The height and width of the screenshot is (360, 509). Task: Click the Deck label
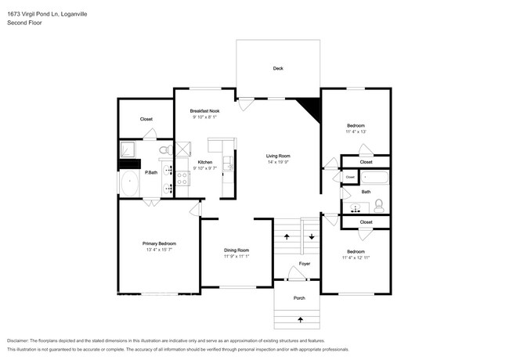(278, 68)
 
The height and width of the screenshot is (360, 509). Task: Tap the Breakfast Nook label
(204, 111)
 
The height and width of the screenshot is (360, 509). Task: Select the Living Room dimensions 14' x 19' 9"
(278, 162)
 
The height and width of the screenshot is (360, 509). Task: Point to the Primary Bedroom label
(159, 243)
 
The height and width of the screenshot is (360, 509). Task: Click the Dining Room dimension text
(236, 256)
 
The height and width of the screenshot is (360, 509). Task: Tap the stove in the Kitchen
(182, 178)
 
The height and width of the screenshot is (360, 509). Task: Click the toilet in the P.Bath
(166, 149)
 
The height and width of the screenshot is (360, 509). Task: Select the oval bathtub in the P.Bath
(129, 183)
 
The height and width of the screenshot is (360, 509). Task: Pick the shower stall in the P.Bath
(127, 149)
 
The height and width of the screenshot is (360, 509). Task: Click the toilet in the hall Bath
(379, 207)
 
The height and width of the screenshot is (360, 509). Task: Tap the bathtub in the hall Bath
(374, 178)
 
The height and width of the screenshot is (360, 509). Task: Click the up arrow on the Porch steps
(300, 320)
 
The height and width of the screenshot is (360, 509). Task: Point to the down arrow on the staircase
(312, 236)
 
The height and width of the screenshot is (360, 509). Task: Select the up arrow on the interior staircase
(287, 236)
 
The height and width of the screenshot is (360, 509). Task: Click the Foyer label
(304, 264)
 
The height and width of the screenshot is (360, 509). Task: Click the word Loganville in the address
(74, 14)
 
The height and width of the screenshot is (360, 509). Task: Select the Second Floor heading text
(24, 23)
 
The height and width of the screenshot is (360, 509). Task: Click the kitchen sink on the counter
(228, 163)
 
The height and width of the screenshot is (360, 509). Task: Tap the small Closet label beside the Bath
(350, 177)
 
